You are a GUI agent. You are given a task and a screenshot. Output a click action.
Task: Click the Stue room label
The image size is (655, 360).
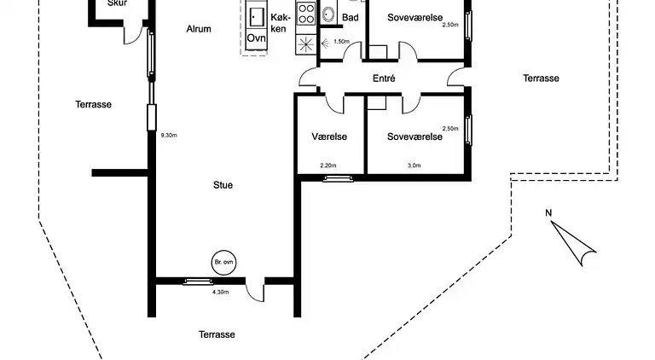[x=223, y=184]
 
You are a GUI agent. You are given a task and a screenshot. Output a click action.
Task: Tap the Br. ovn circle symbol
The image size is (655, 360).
[x=223, y=263]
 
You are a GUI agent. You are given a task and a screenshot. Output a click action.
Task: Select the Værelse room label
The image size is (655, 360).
[x=328, y=136]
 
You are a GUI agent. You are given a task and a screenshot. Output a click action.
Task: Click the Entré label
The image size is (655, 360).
[x=384, y=78]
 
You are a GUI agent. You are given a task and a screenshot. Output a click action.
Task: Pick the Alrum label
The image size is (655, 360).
[x=199, y=29]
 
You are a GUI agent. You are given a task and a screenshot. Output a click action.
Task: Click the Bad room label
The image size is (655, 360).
[x=350, y=17]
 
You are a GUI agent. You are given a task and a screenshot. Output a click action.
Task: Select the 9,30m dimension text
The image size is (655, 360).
[x=168, y=135]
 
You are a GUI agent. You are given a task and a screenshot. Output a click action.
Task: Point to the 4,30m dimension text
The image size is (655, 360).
[x=221, y=293]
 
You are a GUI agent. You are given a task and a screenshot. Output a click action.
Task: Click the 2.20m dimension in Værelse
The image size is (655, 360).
[x=328, y=165]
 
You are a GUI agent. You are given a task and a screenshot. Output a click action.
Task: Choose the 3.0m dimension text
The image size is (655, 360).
[x=414, y=165]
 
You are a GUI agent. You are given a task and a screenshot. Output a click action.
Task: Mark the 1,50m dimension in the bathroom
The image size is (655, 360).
[x=341, y=41]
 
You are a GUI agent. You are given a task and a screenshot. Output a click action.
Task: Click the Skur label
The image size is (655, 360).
[x=118, y=3]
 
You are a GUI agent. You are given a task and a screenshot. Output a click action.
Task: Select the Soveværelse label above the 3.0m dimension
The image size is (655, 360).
[x=414, y=136]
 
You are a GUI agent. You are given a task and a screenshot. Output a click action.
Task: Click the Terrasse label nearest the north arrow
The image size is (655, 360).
[x=541, y=78]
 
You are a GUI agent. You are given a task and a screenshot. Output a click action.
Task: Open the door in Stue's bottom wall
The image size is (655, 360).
[x=253, y=288]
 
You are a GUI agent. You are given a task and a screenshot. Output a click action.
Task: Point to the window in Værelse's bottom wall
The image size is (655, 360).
[x=339, y=177]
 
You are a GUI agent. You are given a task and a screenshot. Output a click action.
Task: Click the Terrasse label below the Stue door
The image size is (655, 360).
[x=217, y=334]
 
